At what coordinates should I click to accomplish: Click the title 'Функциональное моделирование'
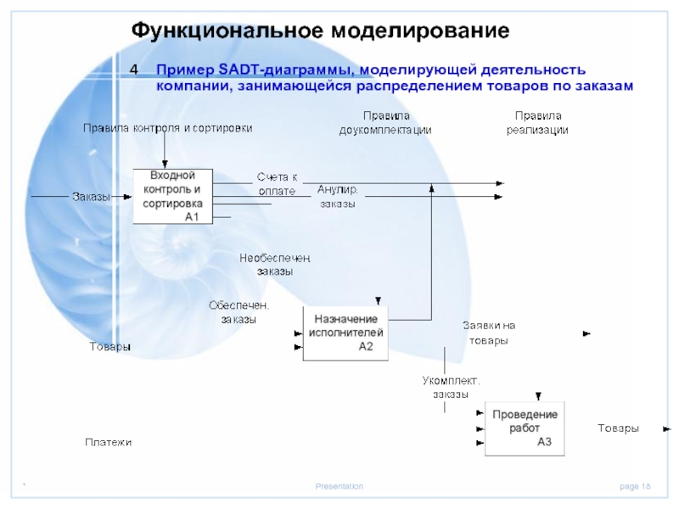pos(320,31)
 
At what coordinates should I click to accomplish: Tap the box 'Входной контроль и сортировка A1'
pos(172,196)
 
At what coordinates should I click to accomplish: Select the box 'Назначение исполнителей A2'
pos(345,333)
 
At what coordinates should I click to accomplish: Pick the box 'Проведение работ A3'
pos(525,428)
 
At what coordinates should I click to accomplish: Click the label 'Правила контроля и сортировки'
pos(167,128)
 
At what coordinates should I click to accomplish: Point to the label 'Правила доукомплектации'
pos(385,123)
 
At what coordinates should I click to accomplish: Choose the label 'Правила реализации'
pos(537,123)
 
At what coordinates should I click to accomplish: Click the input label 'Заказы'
pos(90,197)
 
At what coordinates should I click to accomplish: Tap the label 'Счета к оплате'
pos(278,184)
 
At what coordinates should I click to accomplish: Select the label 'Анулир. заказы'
pos(338,196)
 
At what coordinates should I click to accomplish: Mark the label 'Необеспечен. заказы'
pos(275,264)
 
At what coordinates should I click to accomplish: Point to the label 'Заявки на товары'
pos(488,333)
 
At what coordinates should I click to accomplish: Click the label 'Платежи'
pos(108,442)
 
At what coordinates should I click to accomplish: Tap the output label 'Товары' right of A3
pos(618,428)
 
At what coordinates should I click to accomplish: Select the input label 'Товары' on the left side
pos(110,347)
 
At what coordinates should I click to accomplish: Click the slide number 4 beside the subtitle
pos(134,70)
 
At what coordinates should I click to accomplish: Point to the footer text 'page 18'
pos(635,486)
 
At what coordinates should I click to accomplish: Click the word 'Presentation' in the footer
pos(339,486)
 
